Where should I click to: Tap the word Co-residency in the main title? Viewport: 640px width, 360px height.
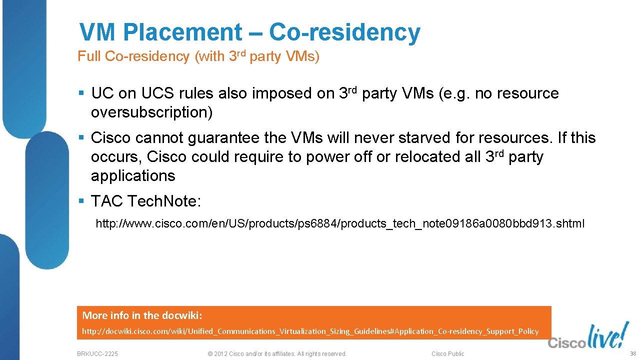[344, 33]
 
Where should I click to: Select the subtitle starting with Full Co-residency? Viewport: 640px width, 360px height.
[198, 56]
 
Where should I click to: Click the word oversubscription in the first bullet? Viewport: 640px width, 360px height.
[151, 113]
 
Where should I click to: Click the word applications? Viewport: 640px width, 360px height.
[133, 176]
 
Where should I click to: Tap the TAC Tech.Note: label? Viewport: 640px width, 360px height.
[146, 201]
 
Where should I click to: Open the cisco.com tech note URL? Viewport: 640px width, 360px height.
[339, 223]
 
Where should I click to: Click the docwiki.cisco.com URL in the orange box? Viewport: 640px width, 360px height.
[310, 331]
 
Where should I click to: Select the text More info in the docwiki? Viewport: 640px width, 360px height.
[142, 315]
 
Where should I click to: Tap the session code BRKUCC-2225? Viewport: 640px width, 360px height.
[97, 354]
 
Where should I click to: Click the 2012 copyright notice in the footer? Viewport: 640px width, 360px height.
[276, 354]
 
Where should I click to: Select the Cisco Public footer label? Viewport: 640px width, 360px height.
[447, 354]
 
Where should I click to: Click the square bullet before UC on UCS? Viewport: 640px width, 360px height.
[81, 93]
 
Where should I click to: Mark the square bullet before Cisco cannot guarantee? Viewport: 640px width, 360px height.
[81, 137]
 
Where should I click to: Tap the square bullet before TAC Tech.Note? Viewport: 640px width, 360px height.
[81, 201]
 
